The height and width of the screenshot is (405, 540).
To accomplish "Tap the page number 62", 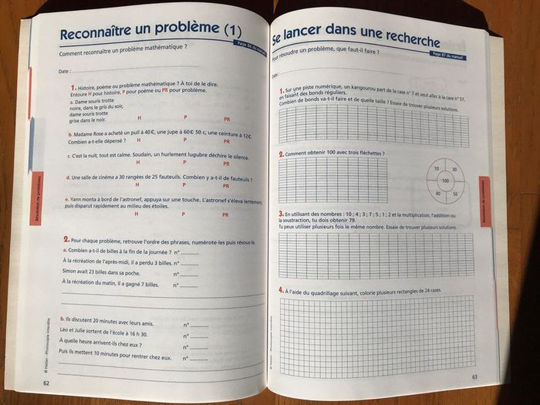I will (x=48, y=383).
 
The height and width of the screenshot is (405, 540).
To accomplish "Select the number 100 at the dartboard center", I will (x=445, y=181).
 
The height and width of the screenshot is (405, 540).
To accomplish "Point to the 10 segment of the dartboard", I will (x=436, y=169).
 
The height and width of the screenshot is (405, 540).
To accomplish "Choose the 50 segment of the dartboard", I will (x=454, y=193).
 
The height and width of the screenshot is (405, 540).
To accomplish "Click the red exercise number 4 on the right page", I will (x=280, y=289).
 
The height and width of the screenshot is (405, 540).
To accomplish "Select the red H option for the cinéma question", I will (x=138, y=186).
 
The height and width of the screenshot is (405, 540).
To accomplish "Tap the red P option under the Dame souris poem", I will (x=185, y=117).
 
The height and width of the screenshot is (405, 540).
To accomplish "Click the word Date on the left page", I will (x=65, y=71).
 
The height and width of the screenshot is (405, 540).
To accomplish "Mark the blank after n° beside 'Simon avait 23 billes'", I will (x=191, y=274).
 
